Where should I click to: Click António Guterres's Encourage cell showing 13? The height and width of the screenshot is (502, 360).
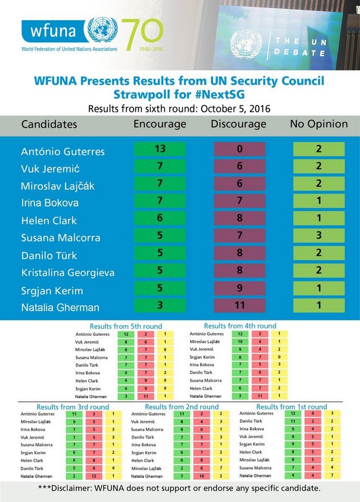[x=160, y=149]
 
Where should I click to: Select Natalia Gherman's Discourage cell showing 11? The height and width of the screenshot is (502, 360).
[x=239, y=307]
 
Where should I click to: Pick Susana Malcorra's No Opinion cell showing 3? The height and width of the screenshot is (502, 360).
[x=319, y=237]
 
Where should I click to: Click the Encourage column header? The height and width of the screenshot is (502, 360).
[x=160, y=124]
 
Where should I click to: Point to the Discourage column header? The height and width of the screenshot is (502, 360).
[x=238, y=124]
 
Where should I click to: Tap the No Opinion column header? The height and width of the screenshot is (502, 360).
[x=319, y=124]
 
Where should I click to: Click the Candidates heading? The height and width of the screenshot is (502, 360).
[x=49, y=124]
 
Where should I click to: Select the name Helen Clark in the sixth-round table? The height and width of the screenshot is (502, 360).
[x=49, y=220]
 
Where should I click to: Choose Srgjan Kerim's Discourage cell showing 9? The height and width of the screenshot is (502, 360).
[x=239, y=289]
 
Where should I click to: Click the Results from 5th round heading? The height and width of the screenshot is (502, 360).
[x=126, y=326]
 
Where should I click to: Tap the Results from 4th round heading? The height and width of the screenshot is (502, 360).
[x=240, y=326]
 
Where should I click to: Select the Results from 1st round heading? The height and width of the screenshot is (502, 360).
[x=291, y=407]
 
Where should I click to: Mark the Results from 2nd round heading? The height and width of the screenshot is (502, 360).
[x=182, y=407]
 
